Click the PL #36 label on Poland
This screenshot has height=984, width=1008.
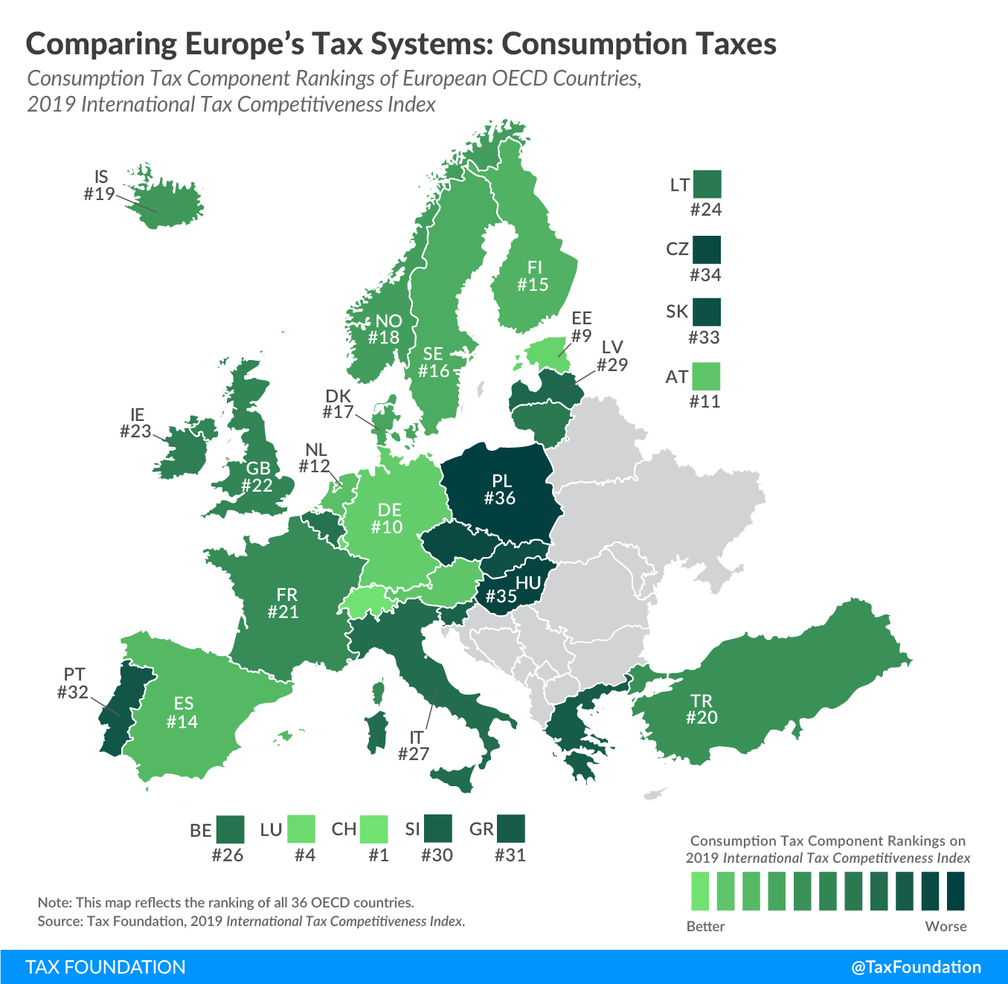[501, 489]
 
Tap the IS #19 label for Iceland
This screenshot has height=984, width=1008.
[100, 186]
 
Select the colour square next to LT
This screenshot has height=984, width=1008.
[706, 184]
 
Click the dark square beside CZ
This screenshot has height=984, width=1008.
[706, 250]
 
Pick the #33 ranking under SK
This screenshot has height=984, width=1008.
[704, 338]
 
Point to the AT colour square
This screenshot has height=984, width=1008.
[706, 376]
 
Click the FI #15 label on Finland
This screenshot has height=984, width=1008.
[533, 276]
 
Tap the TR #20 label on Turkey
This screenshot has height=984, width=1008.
[701, 709]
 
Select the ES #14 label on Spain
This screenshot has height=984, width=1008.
[182, 713]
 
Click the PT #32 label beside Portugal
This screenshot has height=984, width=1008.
[73, 684]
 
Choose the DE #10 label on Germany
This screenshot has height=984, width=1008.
[388, 518]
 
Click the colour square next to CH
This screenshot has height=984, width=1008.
[373, 829]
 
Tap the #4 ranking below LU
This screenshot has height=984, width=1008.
[305, 855]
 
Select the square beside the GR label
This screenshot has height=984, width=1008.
[510, 829]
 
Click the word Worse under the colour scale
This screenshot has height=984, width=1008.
[946, 927]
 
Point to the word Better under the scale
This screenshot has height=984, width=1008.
[705, 927]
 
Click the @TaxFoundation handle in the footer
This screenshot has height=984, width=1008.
[916, 967]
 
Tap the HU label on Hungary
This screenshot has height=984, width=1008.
[528, 583]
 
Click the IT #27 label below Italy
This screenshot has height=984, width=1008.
[414, 745]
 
